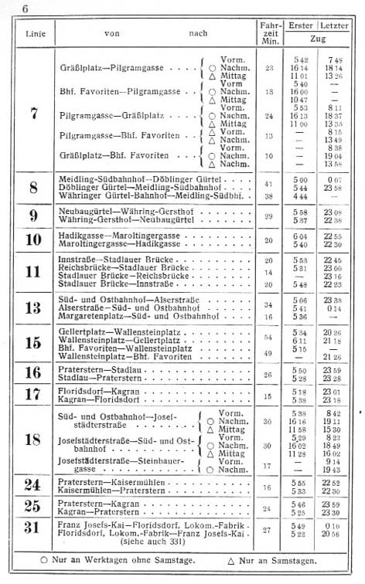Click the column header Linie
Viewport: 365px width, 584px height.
(36, 33)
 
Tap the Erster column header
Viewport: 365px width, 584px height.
(301, 26)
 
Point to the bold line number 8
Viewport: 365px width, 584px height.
(34, 188)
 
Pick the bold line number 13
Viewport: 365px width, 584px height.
(34, 307)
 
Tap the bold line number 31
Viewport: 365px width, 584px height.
(34, 529)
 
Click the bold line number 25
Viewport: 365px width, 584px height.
(34, 507)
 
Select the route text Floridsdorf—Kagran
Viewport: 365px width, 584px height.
(96, 393)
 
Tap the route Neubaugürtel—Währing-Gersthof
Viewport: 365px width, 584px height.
(113, 212)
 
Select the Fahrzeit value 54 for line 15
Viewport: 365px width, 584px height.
(268, 338)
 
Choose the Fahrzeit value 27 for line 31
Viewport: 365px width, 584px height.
(268, 530)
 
